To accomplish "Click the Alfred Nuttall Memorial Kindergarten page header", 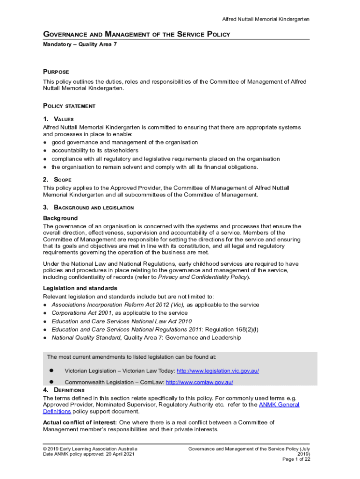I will tap(265, 19).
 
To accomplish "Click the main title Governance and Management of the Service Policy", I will tap(137, 35).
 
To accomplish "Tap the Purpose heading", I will tap(56, 72).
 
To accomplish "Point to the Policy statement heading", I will tap(69, 106).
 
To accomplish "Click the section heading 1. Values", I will tap(58, 119).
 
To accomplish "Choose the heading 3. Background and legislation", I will tap(88, 207).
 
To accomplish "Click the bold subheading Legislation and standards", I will tap(80, 288).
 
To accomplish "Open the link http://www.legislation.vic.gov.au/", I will tap(218, 371).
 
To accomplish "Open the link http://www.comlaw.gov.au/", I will tap(200, 382).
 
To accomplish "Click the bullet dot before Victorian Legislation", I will tap(52, 370).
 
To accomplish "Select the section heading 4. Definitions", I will tap(64, 390).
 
